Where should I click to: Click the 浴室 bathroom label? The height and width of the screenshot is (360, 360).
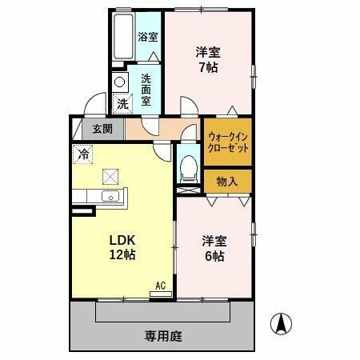[x=147, y=37]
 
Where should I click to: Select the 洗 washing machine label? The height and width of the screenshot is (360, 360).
[x=122, y=102]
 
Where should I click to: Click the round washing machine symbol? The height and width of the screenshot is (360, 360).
[x=120, y=82]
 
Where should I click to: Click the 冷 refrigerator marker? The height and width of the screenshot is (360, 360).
[x=82, y=153]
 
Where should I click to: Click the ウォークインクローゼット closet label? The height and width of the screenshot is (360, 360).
[x=227, y=142]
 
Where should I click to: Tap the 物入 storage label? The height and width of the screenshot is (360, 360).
[x=227, y=182]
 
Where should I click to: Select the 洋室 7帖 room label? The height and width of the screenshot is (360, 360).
[x=209, y=60]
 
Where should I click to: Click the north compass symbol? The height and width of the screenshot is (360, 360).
[x=281, y=323]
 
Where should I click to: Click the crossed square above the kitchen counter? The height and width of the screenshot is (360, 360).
[x=109, y=176]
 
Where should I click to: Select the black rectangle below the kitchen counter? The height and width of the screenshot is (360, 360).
[x=82, y=211]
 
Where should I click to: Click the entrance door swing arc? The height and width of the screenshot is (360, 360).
[x=94, y=106]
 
